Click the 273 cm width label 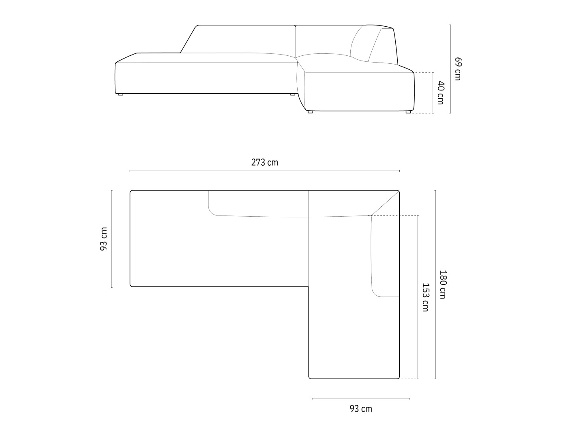pos(265,162)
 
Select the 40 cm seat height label pos(441,93)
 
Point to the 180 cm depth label pos(443,284)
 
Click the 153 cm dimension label pos(426,297)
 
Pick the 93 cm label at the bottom pos(361,408)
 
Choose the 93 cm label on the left pos(104,239)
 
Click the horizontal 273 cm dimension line pos(265,171)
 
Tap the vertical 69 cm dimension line pos(450,69)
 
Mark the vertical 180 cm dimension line pos(435,284)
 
